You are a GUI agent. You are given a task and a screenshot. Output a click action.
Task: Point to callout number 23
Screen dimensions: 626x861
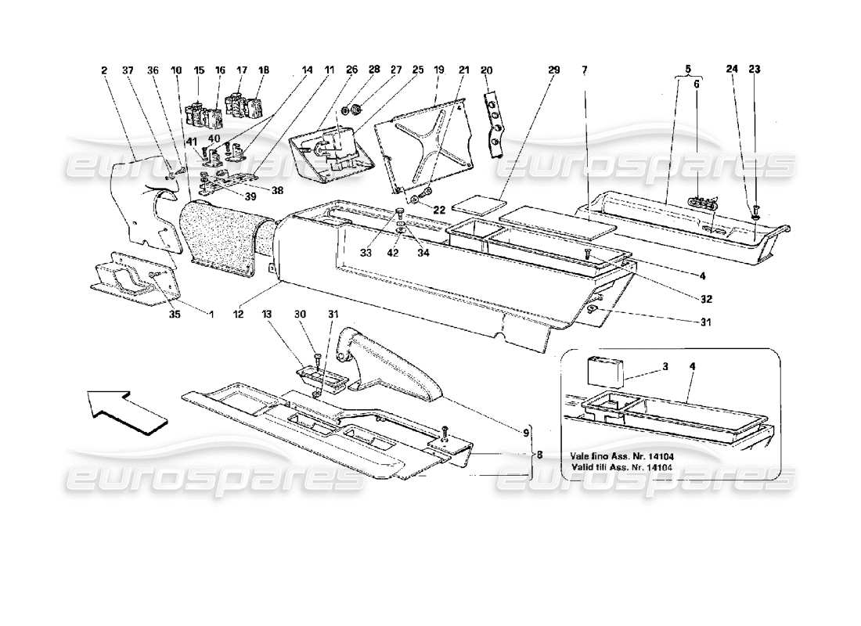755,68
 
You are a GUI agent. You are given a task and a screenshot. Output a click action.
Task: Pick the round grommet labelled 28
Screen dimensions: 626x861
354,107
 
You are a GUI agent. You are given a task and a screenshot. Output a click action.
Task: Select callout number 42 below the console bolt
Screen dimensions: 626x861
393,254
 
